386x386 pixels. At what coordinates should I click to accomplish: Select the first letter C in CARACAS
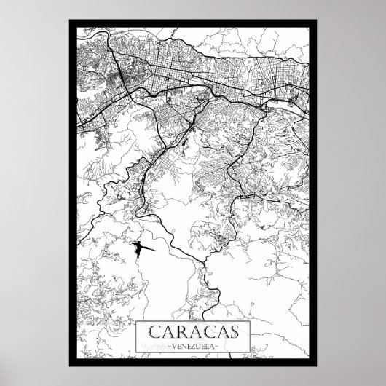(x=155, y=332)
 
